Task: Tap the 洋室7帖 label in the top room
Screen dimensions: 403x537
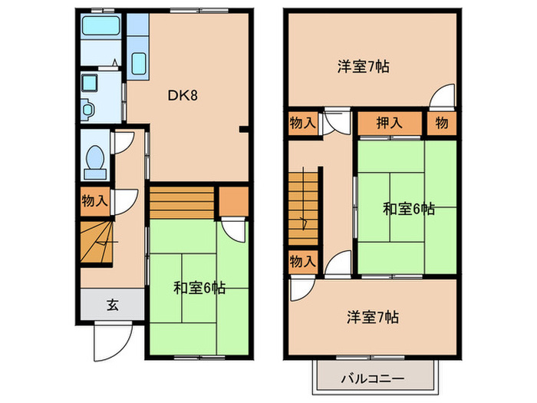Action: tap(363, 66)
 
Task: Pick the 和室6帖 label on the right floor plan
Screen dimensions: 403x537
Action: tap(409, 209)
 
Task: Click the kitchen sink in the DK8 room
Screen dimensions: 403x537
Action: tap(138, 63)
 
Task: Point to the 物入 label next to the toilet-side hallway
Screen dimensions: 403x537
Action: tap(94, 201)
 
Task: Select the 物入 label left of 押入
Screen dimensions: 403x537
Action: tap(302, 122)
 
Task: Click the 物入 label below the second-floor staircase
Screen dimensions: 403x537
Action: tap(302, 262)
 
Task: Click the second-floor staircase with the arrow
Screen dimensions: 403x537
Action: tap(302, 206)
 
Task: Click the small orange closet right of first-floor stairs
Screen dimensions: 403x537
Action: tap(234, 200)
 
